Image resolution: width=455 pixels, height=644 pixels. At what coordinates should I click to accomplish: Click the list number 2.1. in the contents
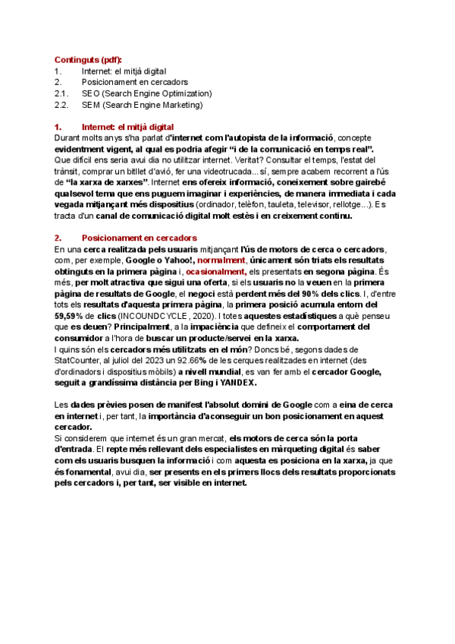pyautogui.click(x=62, y=93)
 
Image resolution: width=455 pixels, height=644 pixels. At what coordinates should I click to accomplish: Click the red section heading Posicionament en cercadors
pyautogui.click(x=139, y=238)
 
